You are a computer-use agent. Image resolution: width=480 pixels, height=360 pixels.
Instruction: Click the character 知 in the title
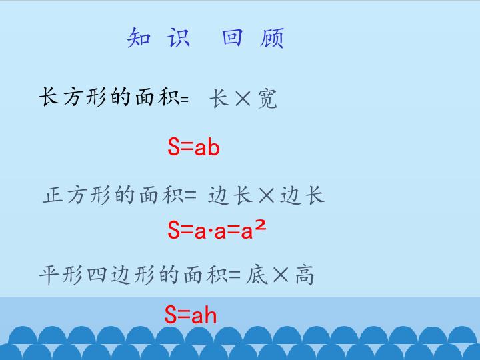tap(138, 38)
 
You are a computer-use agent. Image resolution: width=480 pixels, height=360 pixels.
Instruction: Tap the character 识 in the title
tap(178, 38)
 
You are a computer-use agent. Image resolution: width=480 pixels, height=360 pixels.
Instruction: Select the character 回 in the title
tap(232, 38)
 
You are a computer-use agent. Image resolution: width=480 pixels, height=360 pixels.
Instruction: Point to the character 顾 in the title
tap(273, 38)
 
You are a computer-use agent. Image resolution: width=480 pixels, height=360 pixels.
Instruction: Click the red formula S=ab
tap(193, 147)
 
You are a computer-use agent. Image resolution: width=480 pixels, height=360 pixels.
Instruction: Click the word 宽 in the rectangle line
tap(267, 99)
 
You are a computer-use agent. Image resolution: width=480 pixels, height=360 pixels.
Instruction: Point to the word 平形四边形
tap(87, 275)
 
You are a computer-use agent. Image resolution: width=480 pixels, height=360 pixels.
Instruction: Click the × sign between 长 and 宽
tap(243, 99)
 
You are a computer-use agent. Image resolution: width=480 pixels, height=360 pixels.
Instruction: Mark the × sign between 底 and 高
tap(280, 275)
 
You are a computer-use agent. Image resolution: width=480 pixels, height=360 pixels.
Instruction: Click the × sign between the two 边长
tap(267, 195)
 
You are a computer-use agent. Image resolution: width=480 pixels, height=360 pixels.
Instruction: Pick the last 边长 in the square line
tap(302, 195)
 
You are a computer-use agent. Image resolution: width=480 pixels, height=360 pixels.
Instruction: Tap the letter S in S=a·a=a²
tap(174, 231)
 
